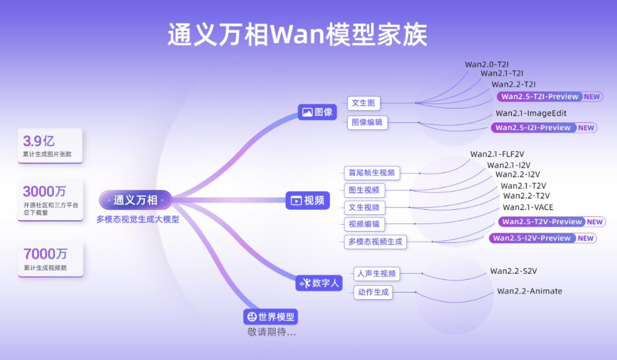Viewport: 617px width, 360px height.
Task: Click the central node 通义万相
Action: (135, 200)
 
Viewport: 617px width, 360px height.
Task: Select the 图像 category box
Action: (318, 112)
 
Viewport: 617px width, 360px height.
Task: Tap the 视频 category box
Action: (308, 201)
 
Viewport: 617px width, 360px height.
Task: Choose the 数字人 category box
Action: (319, 282)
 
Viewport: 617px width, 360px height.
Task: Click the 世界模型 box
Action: (271, 317)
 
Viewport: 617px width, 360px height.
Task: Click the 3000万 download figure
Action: (45, 191)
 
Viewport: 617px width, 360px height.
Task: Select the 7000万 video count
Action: (45, 254)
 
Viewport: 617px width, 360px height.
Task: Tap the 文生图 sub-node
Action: (363, 103)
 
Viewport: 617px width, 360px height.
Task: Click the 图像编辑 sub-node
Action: (367, 122)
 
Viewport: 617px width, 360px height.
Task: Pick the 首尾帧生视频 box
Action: (371, 173)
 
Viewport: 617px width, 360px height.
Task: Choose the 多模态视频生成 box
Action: (375, 242)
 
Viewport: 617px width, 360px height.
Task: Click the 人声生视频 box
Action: (376, 274)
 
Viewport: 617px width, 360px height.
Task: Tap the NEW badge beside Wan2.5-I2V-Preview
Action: (586, 238)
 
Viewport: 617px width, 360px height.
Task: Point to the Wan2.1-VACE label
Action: (528, 207)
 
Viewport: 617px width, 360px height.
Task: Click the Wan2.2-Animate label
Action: (529, 291)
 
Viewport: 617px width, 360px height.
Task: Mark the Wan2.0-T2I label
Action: (487, 65)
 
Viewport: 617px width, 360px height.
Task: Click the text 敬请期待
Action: (271, 332)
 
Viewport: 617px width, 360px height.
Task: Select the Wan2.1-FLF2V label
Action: (498, 154)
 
